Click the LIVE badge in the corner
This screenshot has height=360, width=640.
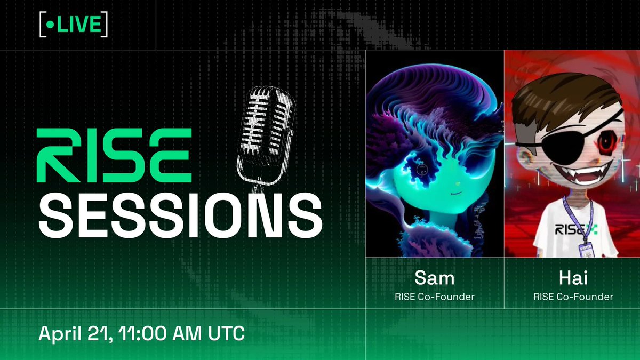(x=74, y=25)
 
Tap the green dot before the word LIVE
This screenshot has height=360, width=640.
(x=50, y=25)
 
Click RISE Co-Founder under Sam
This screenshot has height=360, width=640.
(x=435, y=297)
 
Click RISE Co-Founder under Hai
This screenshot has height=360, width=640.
(x=573, y=297)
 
